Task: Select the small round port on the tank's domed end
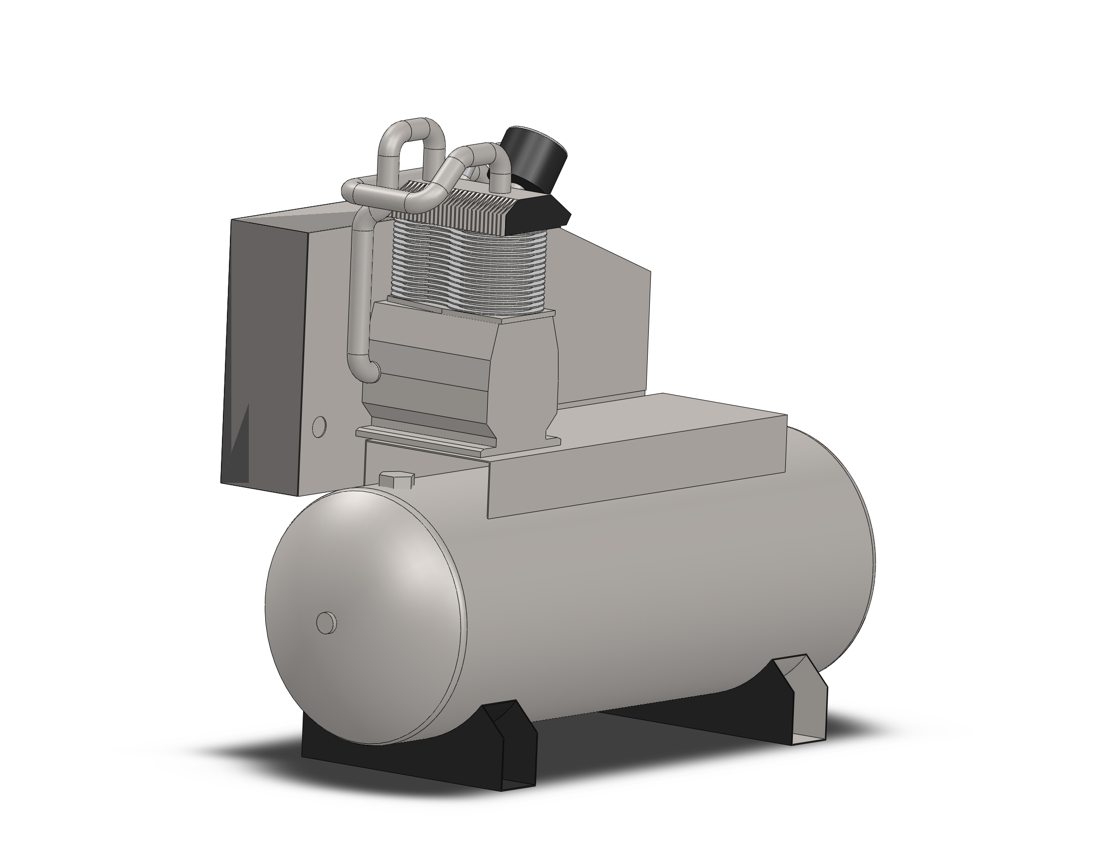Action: (x=327, y=623)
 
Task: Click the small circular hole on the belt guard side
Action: (x=319, y=426)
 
